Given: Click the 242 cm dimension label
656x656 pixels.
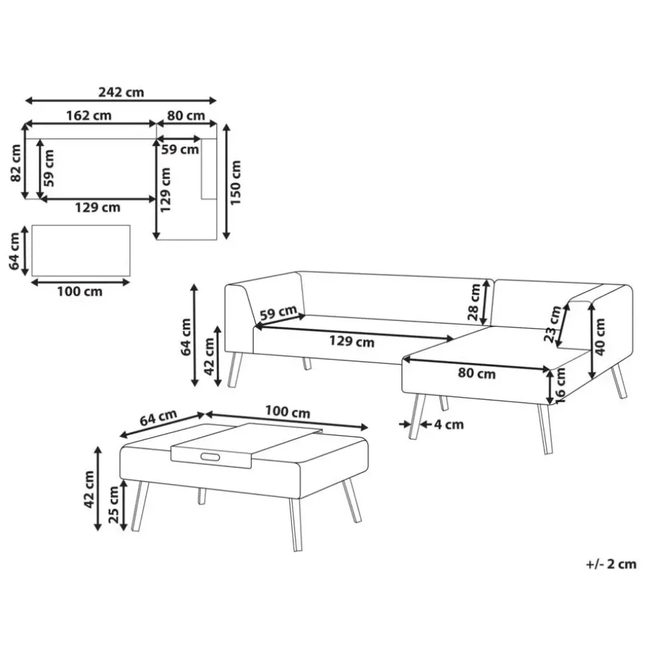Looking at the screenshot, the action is (x=121, y=92).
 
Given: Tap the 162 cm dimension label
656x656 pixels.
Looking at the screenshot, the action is (x=89, y=116).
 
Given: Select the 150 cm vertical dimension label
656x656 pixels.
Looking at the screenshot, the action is (x=236, y=183).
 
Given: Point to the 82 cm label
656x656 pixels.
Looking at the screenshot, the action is (x=16, y=163).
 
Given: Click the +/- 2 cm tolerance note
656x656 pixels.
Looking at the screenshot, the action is (x=611, y=564).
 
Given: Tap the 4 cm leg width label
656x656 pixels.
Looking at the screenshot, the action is (x=449, y=425).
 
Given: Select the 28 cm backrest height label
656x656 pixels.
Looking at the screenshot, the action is (x=474, y=302).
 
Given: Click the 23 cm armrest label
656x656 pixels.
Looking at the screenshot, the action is (x=552, y=324).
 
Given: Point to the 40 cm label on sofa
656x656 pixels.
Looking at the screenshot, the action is (x=600, y=337).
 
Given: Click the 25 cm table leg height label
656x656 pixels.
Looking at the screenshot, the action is (x=114, y=505).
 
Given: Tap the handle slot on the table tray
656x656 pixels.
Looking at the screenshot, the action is (x=210, y=457).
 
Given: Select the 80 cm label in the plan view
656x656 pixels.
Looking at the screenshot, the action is (x=186, y=116).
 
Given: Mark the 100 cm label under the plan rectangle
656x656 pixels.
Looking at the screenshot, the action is (x=80, y=291).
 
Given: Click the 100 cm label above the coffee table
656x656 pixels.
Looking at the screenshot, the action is (x=287, y=412).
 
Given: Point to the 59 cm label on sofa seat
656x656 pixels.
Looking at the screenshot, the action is (x=278, y=313).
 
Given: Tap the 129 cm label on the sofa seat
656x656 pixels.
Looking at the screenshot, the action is (x=351, y=341).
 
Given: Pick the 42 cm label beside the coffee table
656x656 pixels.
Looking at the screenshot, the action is (x=89, y=490).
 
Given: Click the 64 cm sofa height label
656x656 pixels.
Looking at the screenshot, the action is (x=186, y=337).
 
